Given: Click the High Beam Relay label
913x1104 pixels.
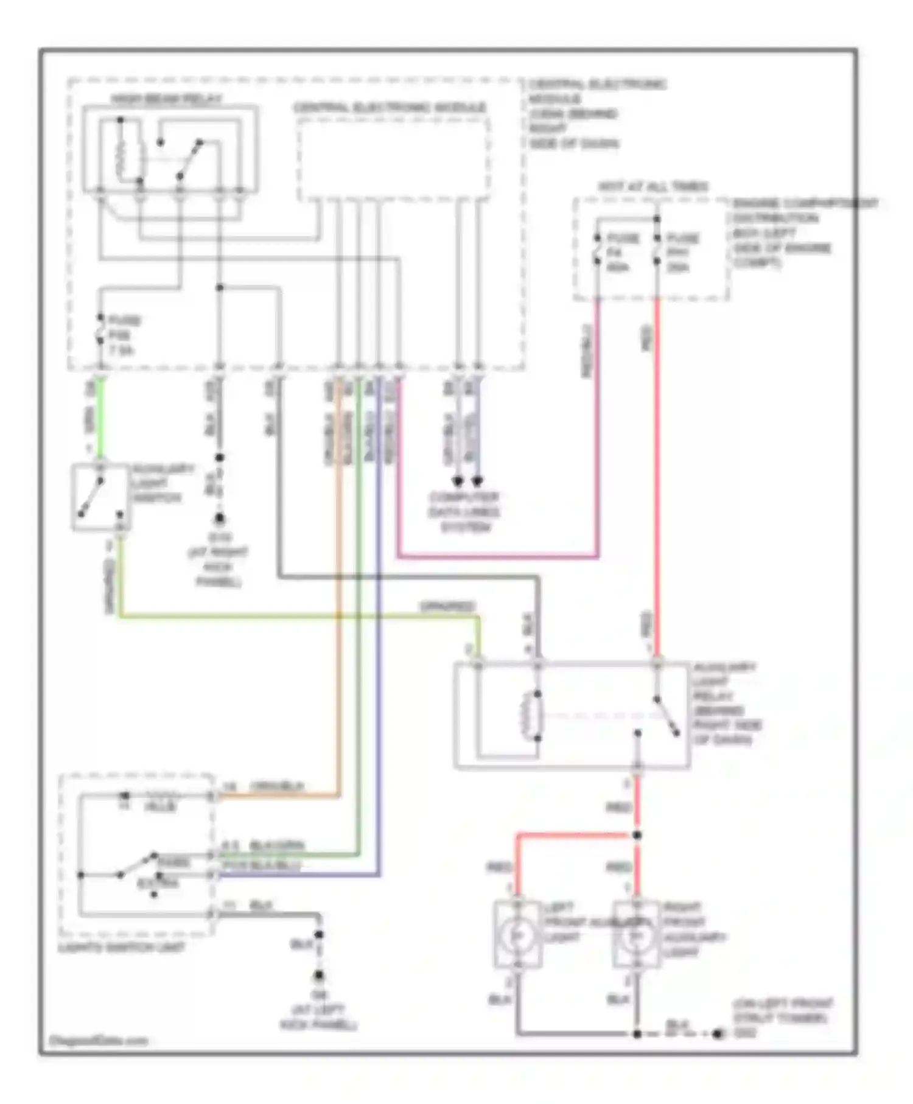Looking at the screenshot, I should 166,99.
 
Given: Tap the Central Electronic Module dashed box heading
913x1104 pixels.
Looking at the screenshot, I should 390,108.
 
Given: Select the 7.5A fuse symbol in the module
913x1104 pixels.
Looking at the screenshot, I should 101,334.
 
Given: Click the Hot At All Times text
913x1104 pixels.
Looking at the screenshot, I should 652,186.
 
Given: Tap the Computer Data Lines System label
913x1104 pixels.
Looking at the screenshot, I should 464,512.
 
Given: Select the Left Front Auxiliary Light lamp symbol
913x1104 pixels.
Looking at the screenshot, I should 517,935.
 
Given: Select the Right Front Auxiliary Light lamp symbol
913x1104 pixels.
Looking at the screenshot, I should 637,935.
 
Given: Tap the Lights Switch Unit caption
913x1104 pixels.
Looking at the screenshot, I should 122,948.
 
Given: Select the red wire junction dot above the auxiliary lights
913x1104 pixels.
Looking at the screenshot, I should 637,836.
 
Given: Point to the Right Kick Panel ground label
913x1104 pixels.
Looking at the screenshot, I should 219,560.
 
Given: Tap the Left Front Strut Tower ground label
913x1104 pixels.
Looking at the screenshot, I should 782,1018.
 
